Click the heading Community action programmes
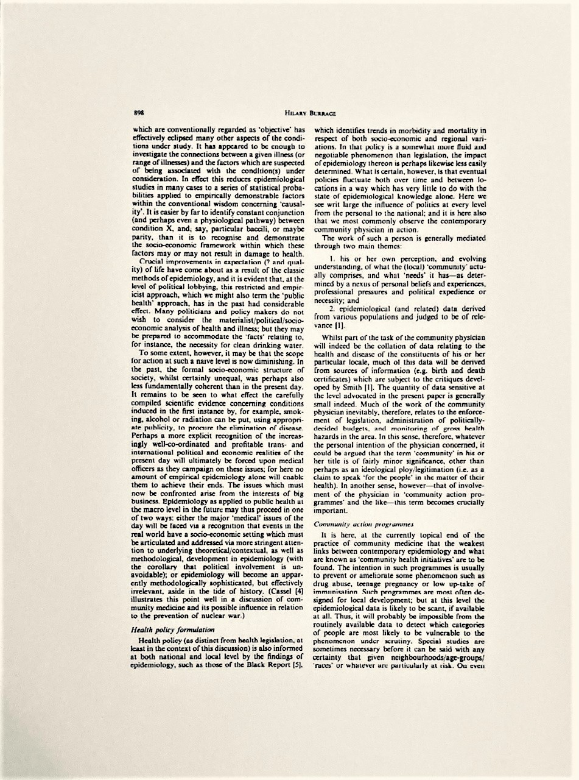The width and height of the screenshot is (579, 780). (x=355, y=523)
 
